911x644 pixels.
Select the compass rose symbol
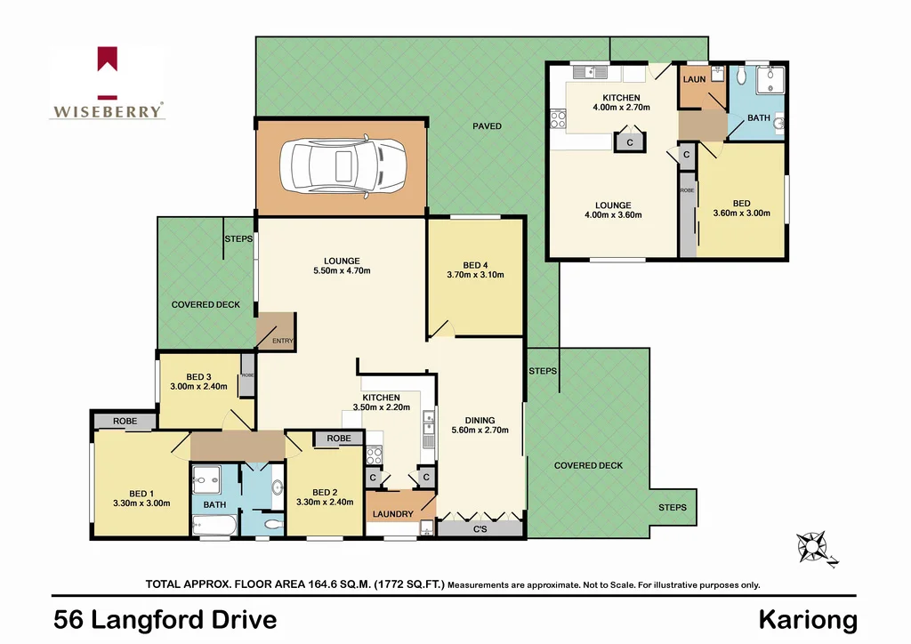click(x=812, y=546)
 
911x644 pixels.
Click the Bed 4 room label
click(x=475, y=265)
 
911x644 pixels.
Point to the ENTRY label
click(x=282, y=341)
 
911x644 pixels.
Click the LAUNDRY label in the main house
click(x=392, y=514)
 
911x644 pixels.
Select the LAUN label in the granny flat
click(x=694, y=79)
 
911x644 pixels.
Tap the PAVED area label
click(x=487, y=126)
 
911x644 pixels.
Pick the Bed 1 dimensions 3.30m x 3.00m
click(x=141, y=503)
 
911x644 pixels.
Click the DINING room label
click(x=480, y=421)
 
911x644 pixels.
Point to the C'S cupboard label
click(x=480, y=530)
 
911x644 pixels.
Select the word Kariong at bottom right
click(x=808, y=619)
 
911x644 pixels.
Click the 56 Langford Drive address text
click(x=165, y=619)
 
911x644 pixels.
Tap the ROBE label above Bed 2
click(x=337, y=439)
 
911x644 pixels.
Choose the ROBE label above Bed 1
click(x=124, y=421)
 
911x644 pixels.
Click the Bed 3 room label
click(x=199, y=375)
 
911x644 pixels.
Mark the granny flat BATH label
click(x=758, y=117)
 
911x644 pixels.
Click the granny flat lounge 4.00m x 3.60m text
click(x=613, y=214)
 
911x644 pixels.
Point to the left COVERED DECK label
click(x=206, y=304)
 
